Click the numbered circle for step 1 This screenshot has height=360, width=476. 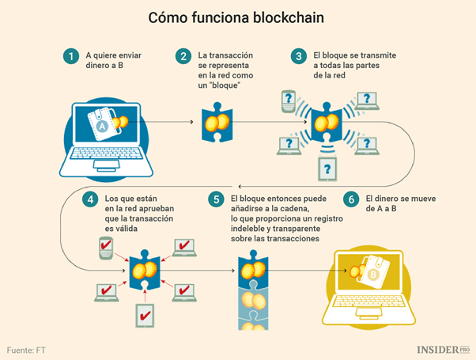72,56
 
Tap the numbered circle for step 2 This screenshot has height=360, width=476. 183,56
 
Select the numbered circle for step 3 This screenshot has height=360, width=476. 298,56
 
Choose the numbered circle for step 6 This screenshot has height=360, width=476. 351,199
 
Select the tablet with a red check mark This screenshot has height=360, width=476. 146,316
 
